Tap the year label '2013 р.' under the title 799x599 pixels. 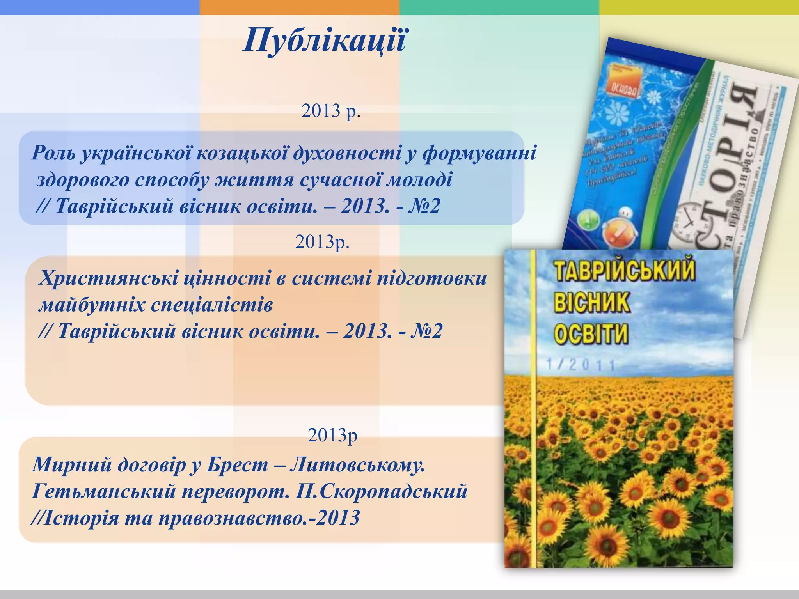(x=330, y=111)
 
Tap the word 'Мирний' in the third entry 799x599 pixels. (x=72, y=464)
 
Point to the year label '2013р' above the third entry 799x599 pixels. (x=332, y=435)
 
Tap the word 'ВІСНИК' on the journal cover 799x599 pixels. (x=591, y=302)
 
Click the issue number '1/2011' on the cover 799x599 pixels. (x=581, y=365)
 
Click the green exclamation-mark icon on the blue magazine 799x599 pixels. (x=588, y=221)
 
